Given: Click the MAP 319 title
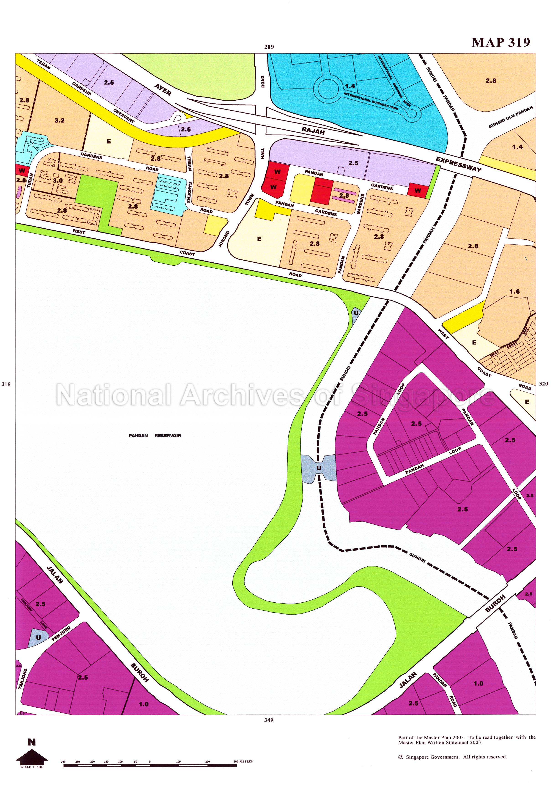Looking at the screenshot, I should click(x=500, y=42).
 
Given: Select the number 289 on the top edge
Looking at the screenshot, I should click(x=269, y=47).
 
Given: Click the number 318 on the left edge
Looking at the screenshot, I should click(x=6, y=384).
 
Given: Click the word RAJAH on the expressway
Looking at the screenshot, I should click(x=313, y=131).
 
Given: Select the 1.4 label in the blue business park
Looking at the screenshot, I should click(x=350, y=86).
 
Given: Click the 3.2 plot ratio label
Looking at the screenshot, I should click(x=60, y=120).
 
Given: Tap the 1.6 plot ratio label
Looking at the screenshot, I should click(x=514, y=291).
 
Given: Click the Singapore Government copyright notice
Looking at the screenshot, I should click(x=452, y=757).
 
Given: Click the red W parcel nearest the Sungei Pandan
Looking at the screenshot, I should click(x=418, y=190).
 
